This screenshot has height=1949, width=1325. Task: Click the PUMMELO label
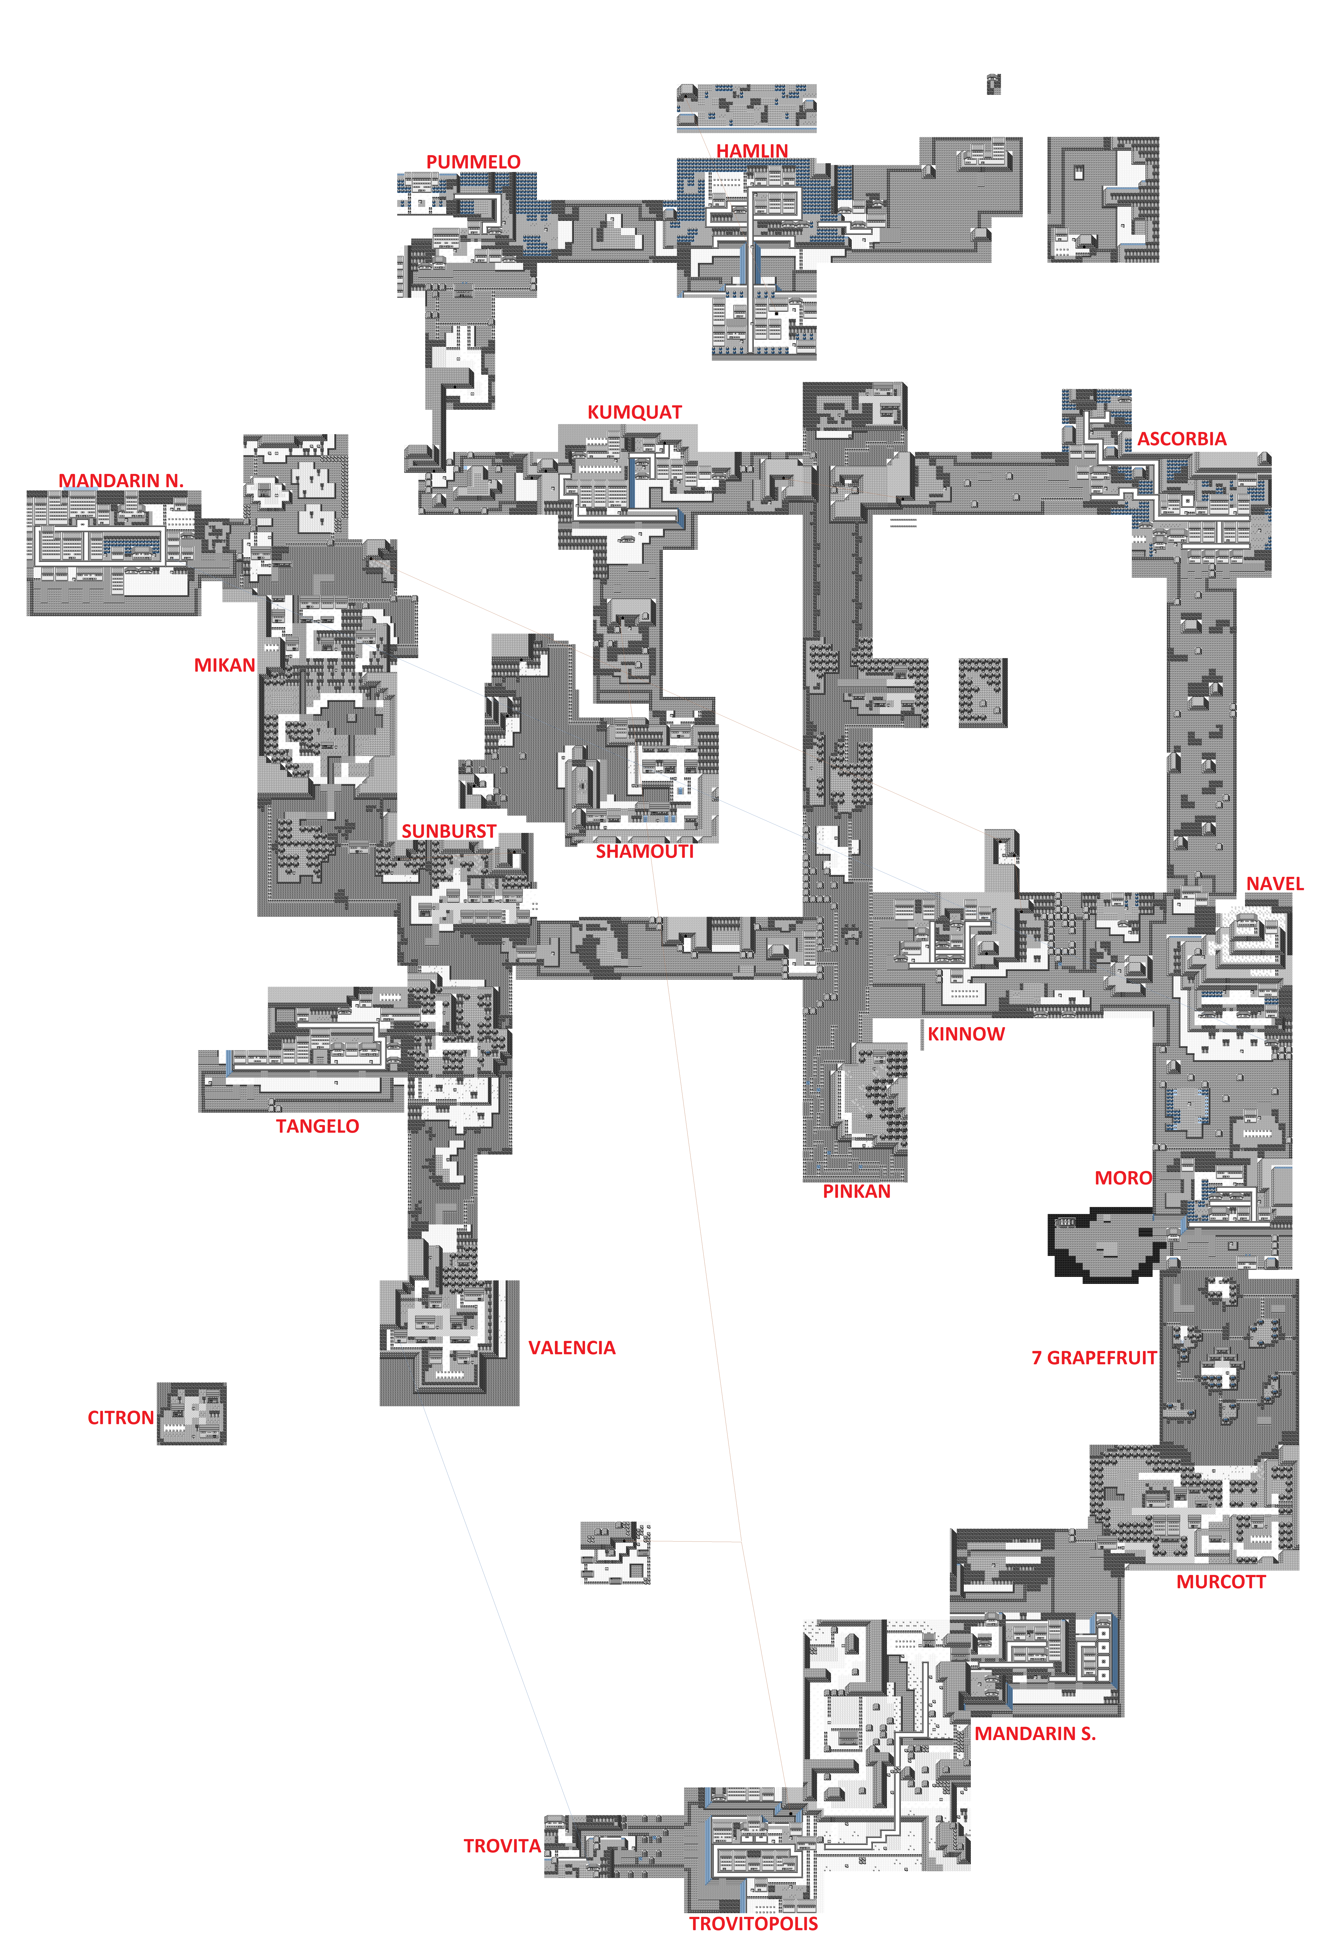pos(473,162)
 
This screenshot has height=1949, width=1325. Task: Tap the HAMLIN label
pos(751,151)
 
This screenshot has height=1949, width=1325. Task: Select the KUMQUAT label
pos(634,413)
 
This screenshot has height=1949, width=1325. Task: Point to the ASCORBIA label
pos(1181,439)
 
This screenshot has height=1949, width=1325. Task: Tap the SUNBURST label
pos(449,831)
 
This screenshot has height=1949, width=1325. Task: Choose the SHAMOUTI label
pos(644,851)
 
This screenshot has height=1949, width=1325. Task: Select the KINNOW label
pos(965,1034)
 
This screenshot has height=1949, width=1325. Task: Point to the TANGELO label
pos(317,1126)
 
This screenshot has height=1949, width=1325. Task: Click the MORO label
pos(1123,1178)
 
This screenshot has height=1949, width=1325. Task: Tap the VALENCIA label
pos(571,1348)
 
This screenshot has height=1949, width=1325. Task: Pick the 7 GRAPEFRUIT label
pos(1094,1358)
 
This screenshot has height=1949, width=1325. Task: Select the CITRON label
pos(121,1417)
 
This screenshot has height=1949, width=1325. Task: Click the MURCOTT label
pos(1220,1582)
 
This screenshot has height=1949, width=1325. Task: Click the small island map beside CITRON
pos(191,1414)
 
